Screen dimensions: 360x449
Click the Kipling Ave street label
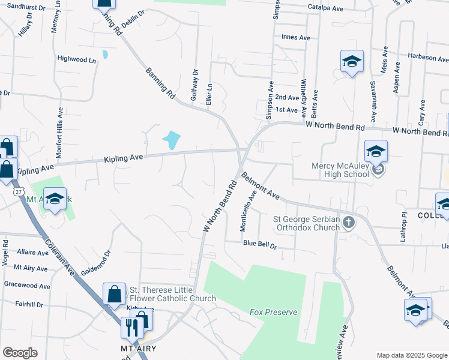[x=123, y=158]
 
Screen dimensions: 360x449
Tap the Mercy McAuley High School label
[x=340, y=170]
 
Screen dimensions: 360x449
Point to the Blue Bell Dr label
[x=259, y=245]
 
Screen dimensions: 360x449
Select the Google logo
[x=20, y=353]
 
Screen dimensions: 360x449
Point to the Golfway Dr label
[x=194, y=84]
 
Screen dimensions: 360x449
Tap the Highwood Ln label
[x=76, y=59]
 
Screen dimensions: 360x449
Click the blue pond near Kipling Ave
[x=172, y=140]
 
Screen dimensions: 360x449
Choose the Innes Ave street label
[x=295, y=37]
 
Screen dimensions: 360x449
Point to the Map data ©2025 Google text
[x=411, y=355]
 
